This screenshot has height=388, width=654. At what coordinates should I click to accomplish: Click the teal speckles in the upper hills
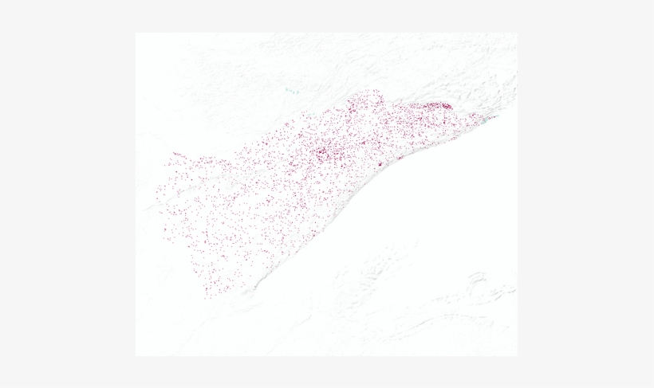(292, 91)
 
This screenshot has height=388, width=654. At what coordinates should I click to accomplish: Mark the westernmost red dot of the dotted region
(158, 191)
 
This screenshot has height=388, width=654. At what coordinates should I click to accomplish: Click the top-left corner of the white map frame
(136, 33)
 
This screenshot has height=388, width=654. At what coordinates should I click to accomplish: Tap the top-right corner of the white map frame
(517, 33)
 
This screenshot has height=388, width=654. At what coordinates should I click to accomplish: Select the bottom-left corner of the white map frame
(136, 355)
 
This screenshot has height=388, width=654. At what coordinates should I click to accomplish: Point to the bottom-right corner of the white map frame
(517, 355)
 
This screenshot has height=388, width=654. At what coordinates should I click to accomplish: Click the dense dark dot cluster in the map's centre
(325, 151)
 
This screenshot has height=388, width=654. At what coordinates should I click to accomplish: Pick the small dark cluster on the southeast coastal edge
(380, 163)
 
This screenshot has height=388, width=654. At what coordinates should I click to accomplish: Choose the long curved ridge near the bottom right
(447, 319)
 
